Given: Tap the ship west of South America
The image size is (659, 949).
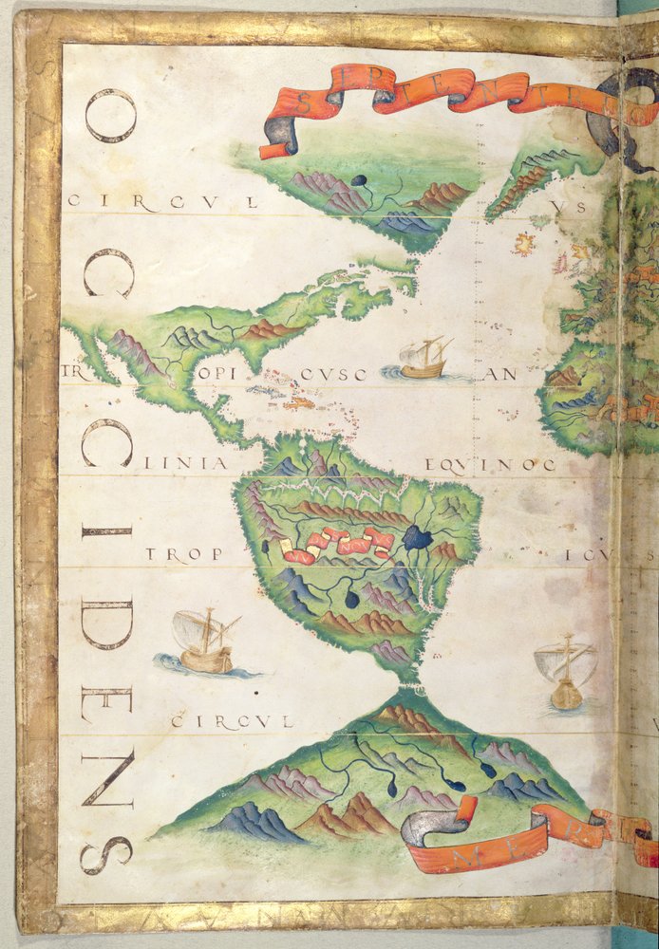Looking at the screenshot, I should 204,642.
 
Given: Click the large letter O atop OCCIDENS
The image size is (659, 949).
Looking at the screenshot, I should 110,116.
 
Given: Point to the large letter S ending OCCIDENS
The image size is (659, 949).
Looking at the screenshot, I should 106,853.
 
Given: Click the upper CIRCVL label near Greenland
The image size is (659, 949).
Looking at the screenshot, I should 162,202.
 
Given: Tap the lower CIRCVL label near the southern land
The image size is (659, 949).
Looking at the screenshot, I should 232,722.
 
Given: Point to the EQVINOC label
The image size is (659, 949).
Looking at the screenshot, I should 489,464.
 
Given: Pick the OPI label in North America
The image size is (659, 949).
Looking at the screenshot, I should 217,374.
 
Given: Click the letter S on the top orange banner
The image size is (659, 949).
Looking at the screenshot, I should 310,102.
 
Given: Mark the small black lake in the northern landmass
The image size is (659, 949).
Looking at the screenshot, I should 359,180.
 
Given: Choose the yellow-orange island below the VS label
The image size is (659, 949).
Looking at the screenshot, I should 522,244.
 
